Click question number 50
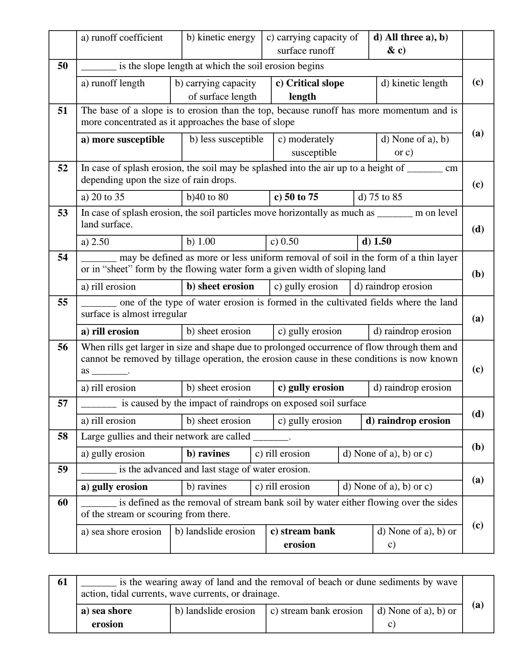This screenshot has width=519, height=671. coord(62,66)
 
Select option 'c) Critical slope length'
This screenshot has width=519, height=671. coord(309,90)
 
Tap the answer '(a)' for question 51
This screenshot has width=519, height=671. coord(478,133)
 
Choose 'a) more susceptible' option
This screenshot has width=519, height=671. coord(123,140)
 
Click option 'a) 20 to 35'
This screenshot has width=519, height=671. coord(103,197)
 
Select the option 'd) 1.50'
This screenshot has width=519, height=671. coord(377,242)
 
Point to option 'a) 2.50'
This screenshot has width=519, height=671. coord(95,242)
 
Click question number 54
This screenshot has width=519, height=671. coord(62,257)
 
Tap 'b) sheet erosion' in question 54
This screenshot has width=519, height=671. coord(220,286)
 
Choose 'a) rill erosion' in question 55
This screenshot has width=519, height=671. coord(110,332)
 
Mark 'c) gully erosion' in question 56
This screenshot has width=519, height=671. coord(311,388)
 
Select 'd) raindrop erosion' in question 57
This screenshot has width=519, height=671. coord(408,421)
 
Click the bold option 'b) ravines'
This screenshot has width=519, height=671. coord(208,454)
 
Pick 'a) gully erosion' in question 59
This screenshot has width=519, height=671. coord(114,487)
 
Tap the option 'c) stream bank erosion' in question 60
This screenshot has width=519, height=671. coord(302,538)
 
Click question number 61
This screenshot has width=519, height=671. coord(62,582)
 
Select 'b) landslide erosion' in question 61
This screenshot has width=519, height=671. coord(215,611)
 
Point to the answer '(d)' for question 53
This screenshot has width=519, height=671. coord(478,229)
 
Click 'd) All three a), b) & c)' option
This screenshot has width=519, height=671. coord(410,44)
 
